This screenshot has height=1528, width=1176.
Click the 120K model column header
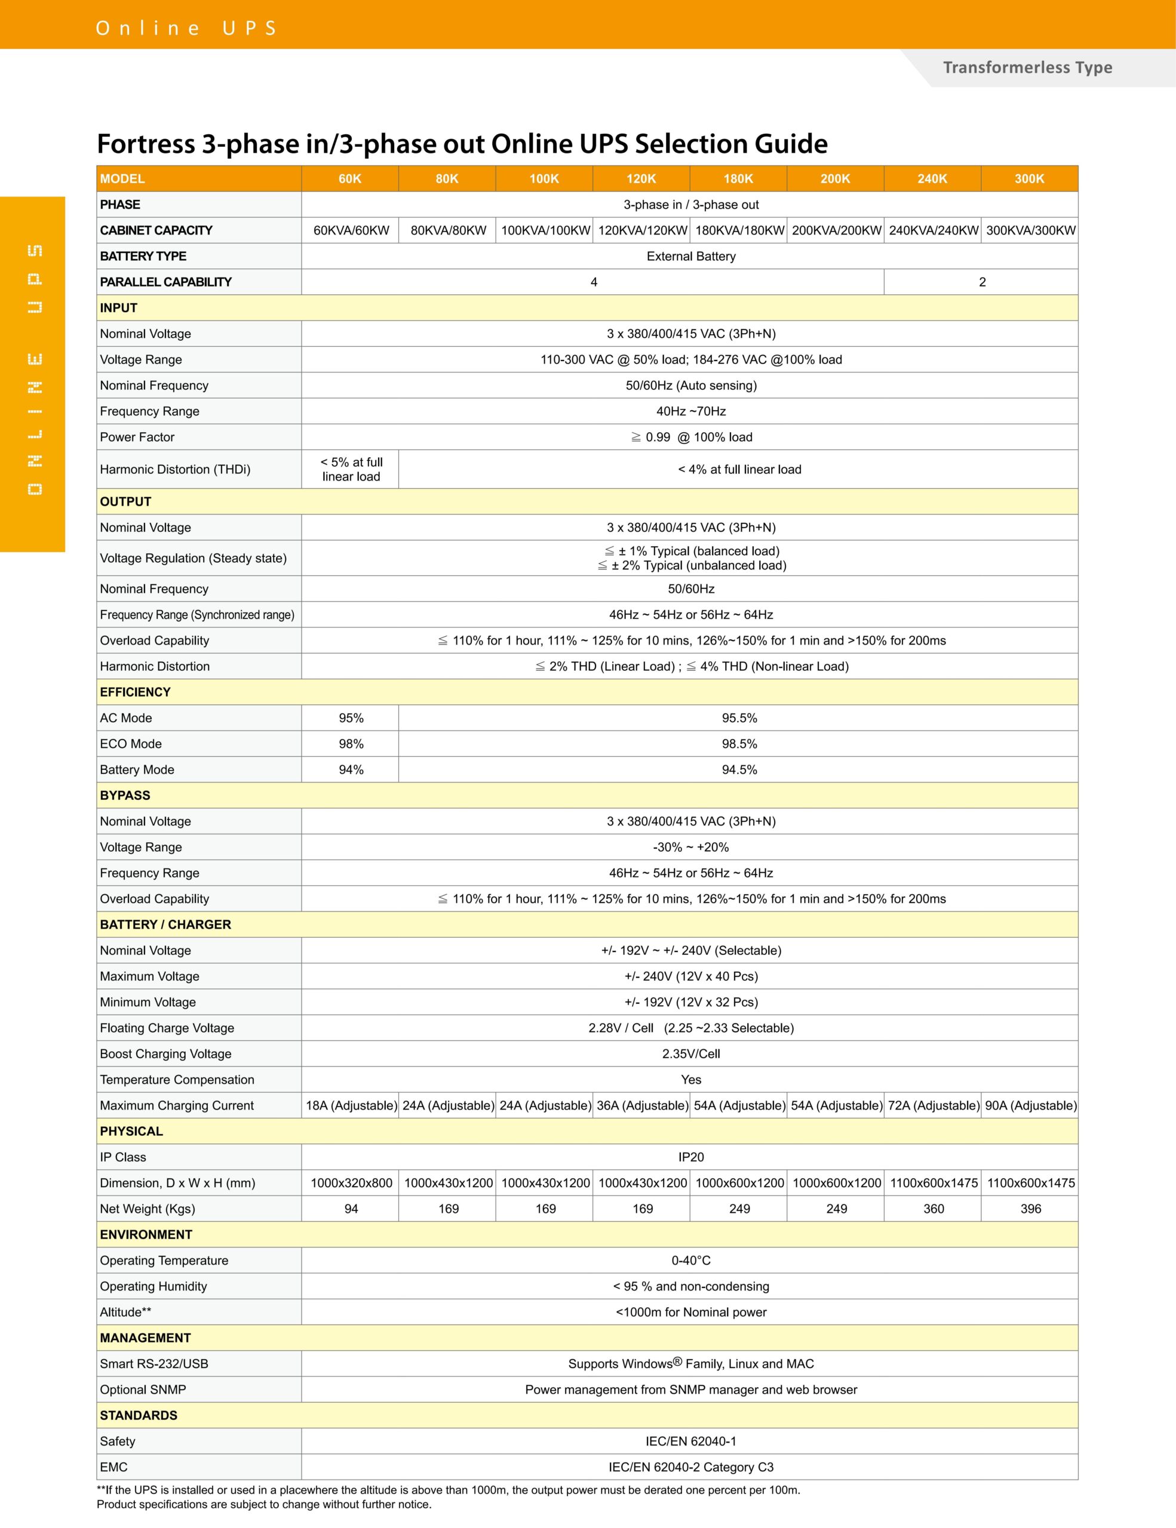click(x=641, y=178)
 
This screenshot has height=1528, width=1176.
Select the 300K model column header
click(x=1029, y=178)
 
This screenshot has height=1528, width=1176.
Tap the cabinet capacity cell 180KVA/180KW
click(x=739, y=230)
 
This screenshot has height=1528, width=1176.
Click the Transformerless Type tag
click(x=1027, y=68)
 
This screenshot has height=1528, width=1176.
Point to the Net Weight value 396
click(x=1030, y=1208)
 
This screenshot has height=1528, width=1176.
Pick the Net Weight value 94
click(x=351, y=1208)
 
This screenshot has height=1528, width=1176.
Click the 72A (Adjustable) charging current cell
click(x=933, y=1105)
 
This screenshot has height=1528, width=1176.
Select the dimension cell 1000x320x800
click(x=351, y=1182)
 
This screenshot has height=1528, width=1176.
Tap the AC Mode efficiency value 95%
click(x=351, y=718)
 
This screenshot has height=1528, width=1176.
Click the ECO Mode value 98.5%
click(x=739, y=744)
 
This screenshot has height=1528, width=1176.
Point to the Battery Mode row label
click(x=137, y=769)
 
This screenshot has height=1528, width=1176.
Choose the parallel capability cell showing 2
click(x=982, y=282)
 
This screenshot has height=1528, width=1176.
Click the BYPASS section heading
click(x=125, y=796)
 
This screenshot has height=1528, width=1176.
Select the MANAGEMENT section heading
click(x=146, y=1338)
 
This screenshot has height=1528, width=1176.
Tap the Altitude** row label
click(x=125, y=1312)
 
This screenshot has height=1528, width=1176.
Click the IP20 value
click(x=691, y=1157)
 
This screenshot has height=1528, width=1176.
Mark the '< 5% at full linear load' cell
click(x=351, y=470)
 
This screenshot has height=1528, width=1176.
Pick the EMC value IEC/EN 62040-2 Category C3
click(x=691, y=1467)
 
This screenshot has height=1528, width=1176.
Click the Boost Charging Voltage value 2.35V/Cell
click(x=691, y=1053)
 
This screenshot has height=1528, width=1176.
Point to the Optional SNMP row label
click(x=143, y=1390)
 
